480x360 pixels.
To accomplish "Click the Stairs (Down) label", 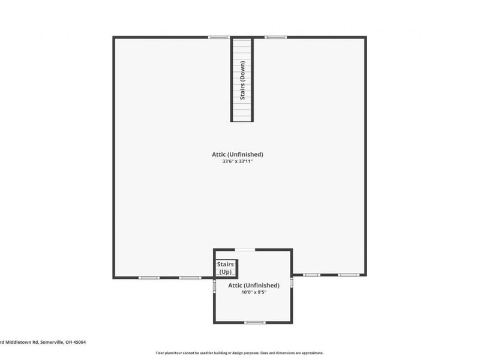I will (242, 80).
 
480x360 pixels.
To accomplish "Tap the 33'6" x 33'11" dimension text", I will (242, 161).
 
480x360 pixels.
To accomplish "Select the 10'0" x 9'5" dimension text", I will (254, 293).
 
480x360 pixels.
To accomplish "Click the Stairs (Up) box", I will (226, 268).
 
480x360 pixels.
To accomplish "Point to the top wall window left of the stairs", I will (218, 37).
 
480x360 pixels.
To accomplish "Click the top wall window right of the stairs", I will (275, 37).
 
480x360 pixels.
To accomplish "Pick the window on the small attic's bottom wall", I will (254, 322).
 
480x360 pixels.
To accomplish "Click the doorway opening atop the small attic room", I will (244, 249).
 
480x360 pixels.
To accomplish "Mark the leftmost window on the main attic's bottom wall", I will (148, 277).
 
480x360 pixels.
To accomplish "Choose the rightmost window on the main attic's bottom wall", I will (348, 275).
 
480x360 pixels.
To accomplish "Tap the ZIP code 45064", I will (79, 342).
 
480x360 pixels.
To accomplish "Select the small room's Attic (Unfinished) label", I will (254, 285).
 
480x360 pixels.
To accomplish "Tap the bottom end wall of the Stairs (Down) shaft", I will (242, 120).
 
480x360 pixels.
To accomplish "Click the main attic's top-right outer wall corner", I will (365, 37).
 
